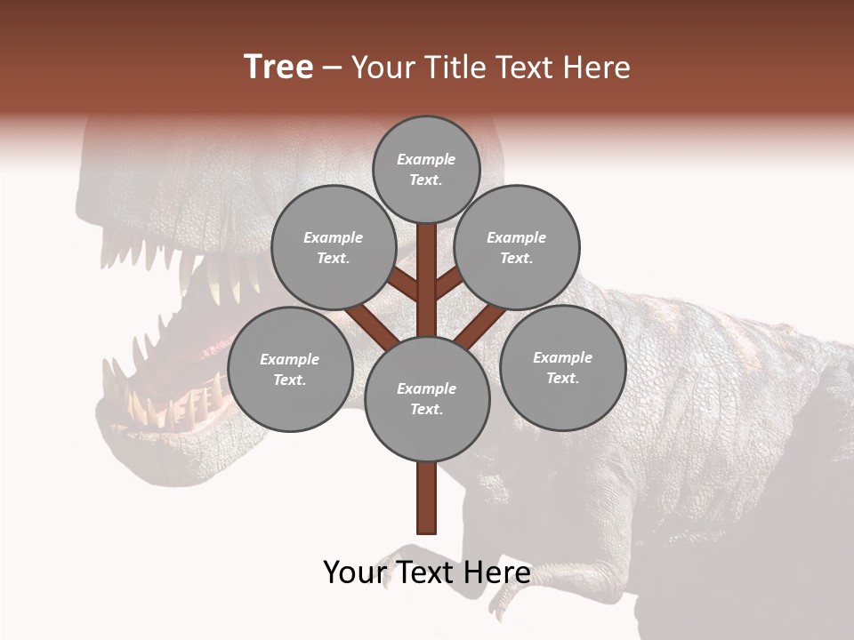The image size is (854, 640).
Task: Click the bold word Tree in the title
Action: point(278,68)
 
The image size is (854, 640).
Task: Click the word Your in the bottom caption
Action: point(354,572)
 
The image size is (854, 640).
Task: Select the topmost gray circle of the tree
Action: point(426,169)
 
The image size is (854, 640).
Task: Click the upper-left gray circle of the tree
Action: point(333,247)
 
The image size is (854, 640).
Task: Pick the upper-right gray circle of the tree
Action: point(517,247)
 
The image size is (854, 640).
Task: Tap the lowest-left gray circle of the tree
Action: point(290,369)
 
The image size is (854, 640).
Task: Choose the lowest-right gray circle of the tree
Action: point(562,367)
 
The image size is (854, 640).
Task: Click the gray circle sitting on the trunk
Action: point(427,398)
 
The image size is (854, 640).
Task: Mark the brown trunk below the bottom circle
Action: point(427,498)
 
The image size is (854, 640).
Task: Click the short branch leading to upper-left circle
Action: point(403,284)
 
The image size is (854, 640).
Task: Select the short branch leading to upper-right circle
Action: point(448,284)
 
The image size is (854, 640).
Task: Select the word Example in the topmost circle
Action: point(426,159)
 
